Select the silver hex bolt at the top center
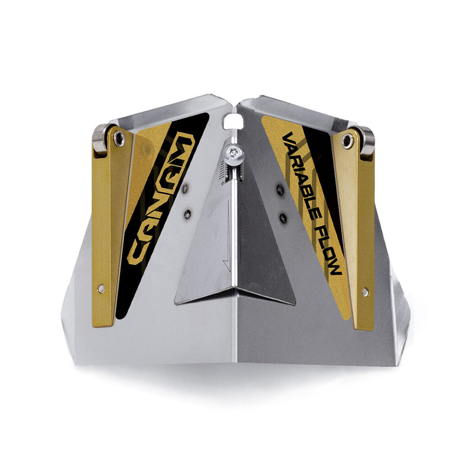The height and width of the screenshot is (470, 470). coord(234,154)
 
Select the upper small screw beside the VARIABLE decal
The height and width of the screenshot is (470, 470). coord(281,190)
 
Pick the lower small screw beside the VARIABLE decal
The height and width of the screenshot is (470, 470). coord(282,218)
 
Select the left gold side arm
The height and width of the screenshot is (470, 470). coord(106,226)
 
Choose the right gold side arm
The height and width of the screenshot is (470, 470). coord(360,230)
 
